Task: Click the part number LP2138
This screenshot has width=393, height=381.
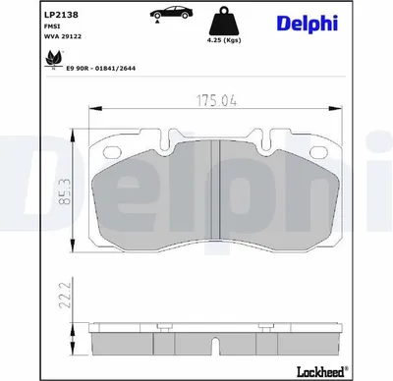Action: tap(61, 15)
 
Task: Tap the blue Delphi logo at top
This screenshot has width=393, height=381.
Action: tap(308, 24)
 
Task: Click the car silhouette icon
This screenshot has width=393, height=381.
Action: tap(171, 13)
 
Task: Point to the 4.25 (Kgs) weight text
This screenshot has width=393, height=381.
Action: tap(225, 40)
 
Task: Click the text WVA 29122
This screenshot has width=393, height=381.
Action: tap(63, 36)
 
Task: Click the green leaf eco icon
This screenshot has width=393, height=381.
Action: tap(53, 58)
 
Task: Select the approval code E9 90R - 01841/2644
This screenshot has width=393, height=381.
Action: tap(101, 69)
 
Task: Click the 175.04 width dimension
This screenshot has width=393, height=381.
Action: tap(216, 100)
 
